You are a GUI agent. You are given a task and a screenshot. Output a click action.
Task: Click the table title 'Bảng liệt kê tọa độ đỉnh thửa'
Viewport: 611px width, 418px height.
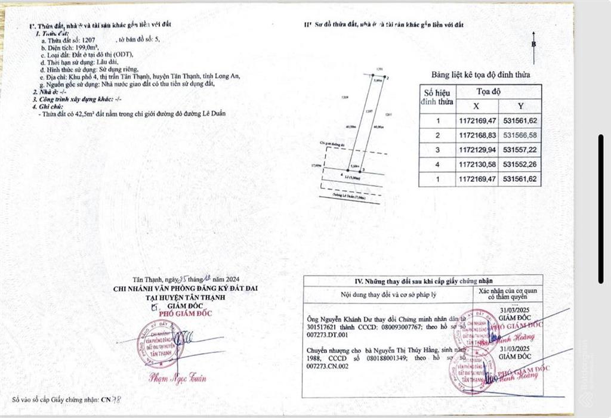[x=480, y=75]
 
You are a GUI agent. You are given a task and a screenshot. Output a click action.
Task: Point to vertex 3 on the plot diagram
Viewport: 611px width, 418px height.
[x=355, y=171]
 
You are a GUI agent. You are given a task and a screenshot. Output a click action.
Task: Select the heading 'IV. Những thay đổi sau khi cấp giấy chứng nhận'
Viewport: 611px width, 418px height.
[x=423, y=281]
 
